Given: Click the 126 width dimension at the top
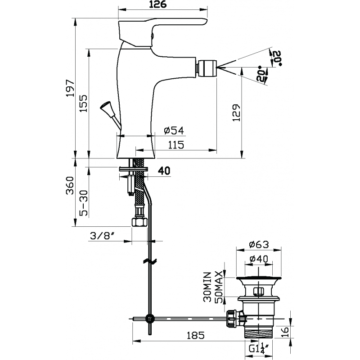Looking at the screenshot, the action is point(158,4).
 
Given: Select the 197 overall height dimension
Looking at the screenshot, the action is point(70,88).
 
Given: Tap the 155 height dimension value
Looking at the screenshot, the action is point(84,103).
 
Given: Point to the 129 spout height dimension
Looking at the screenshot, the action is point(236,113).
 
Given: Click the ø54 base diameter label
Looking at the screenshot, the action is point(174,130).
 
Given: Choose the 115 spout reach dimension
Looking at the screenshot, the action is point(176,145).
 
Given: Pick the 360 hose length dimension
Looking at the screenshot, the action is point(70,185).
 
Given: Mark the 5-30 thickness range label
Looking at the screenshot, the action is point(84,203).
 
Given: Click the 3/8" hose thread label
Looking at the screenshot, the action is point(102,235).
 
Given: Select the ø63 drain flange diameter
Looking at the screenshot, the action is point(259,244).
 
